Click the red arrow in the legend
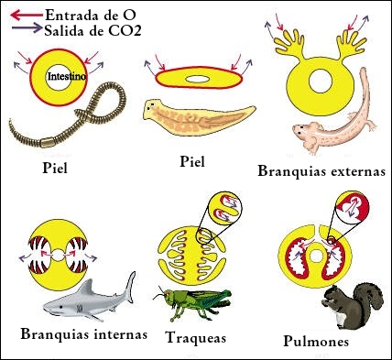coord(27,15)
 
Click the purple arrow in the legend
coord(27,28)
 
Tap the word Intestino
coord(67,76)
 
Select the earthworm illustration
coord(67,115)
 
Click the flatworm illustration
coord(199,117)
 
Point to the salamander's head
coord(303,130)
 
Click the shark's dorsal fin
coord(86,287)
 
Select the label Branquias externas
coord(321,171)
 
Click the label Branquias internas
coord(84,334)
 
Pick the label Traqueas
coord(196,338)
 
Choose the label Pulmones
coord(316,341)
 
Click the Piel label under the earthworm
coord(55,168)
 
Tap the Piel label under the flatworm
coord(192,161)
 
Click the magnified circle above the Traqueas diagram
coord(224,208)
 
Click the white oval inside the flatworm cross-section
coord(198,79)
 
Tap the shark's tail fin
coord(130,287)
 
